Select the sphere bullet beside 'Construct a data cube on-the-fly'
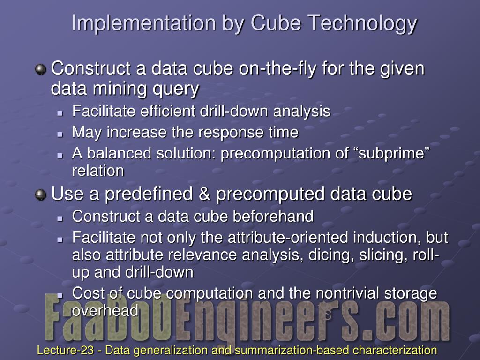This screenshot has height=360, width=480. pos(40,69)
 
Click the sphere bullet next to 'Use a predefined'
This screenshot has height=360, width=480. pos(40,195)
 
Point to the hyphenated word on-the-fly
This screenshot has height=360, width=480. pos(277,69)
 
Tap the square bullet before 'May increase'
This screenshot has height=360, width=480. pos(60,134)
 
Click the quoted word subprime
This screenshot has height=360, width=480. pos(394,154)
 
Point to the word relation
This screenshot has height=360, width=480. pos(98,171)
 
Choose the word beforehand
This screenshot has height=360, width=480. pos(273,216)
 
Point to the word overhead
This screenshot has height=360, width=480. pos(105,311)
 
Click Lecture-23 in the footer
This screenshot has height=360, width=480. pos(65,350)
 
